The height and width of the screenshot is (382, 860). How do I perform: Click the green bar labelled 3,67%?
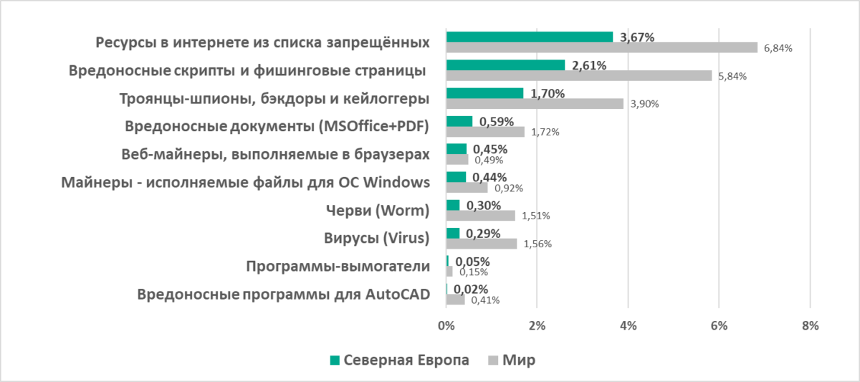point(530,37)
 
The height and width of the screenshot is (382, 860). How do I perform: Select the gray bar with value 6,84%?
point(601,47)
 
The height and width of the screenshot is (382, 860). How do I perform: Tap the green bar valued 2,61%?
point(505,65)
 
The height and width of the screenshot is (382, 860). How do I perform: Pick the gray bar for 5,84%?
point(579,75)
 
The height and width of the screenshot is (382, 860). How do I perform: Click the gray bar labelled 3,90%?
point(535,103)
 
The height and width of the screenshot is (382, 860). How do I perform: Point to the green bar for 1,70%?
point(484,92)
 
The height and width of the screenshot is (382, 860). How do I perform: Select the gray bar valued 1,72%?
point(485,132)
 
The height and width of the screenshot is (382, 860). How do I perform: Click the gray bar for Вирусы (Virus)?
point(482,244)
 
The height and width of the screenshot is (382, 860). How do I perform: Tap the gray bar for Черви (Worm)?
point(480,216)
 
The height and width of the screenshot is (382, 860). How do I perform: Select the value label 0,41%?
point(485,300)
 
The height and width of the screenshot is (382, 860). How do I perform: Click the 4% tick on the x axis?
point(628,326)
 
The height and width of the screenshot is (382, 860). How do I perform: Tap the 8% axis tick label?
point(810,326)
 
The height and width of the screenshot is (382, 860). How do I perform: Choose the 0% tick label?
point(446,326)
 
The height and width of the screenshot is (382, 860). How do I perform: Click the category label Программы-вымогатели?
point(338,267)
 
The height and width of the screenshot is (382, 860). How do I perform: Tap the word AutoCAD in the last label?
point(398,295)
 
